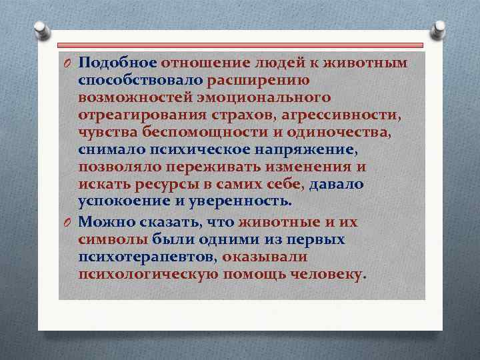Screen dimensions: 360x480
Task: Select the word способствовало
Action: click(x=141, y=81)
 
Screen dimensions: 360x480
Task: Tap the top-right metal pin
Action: click(x=440, y=29)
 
